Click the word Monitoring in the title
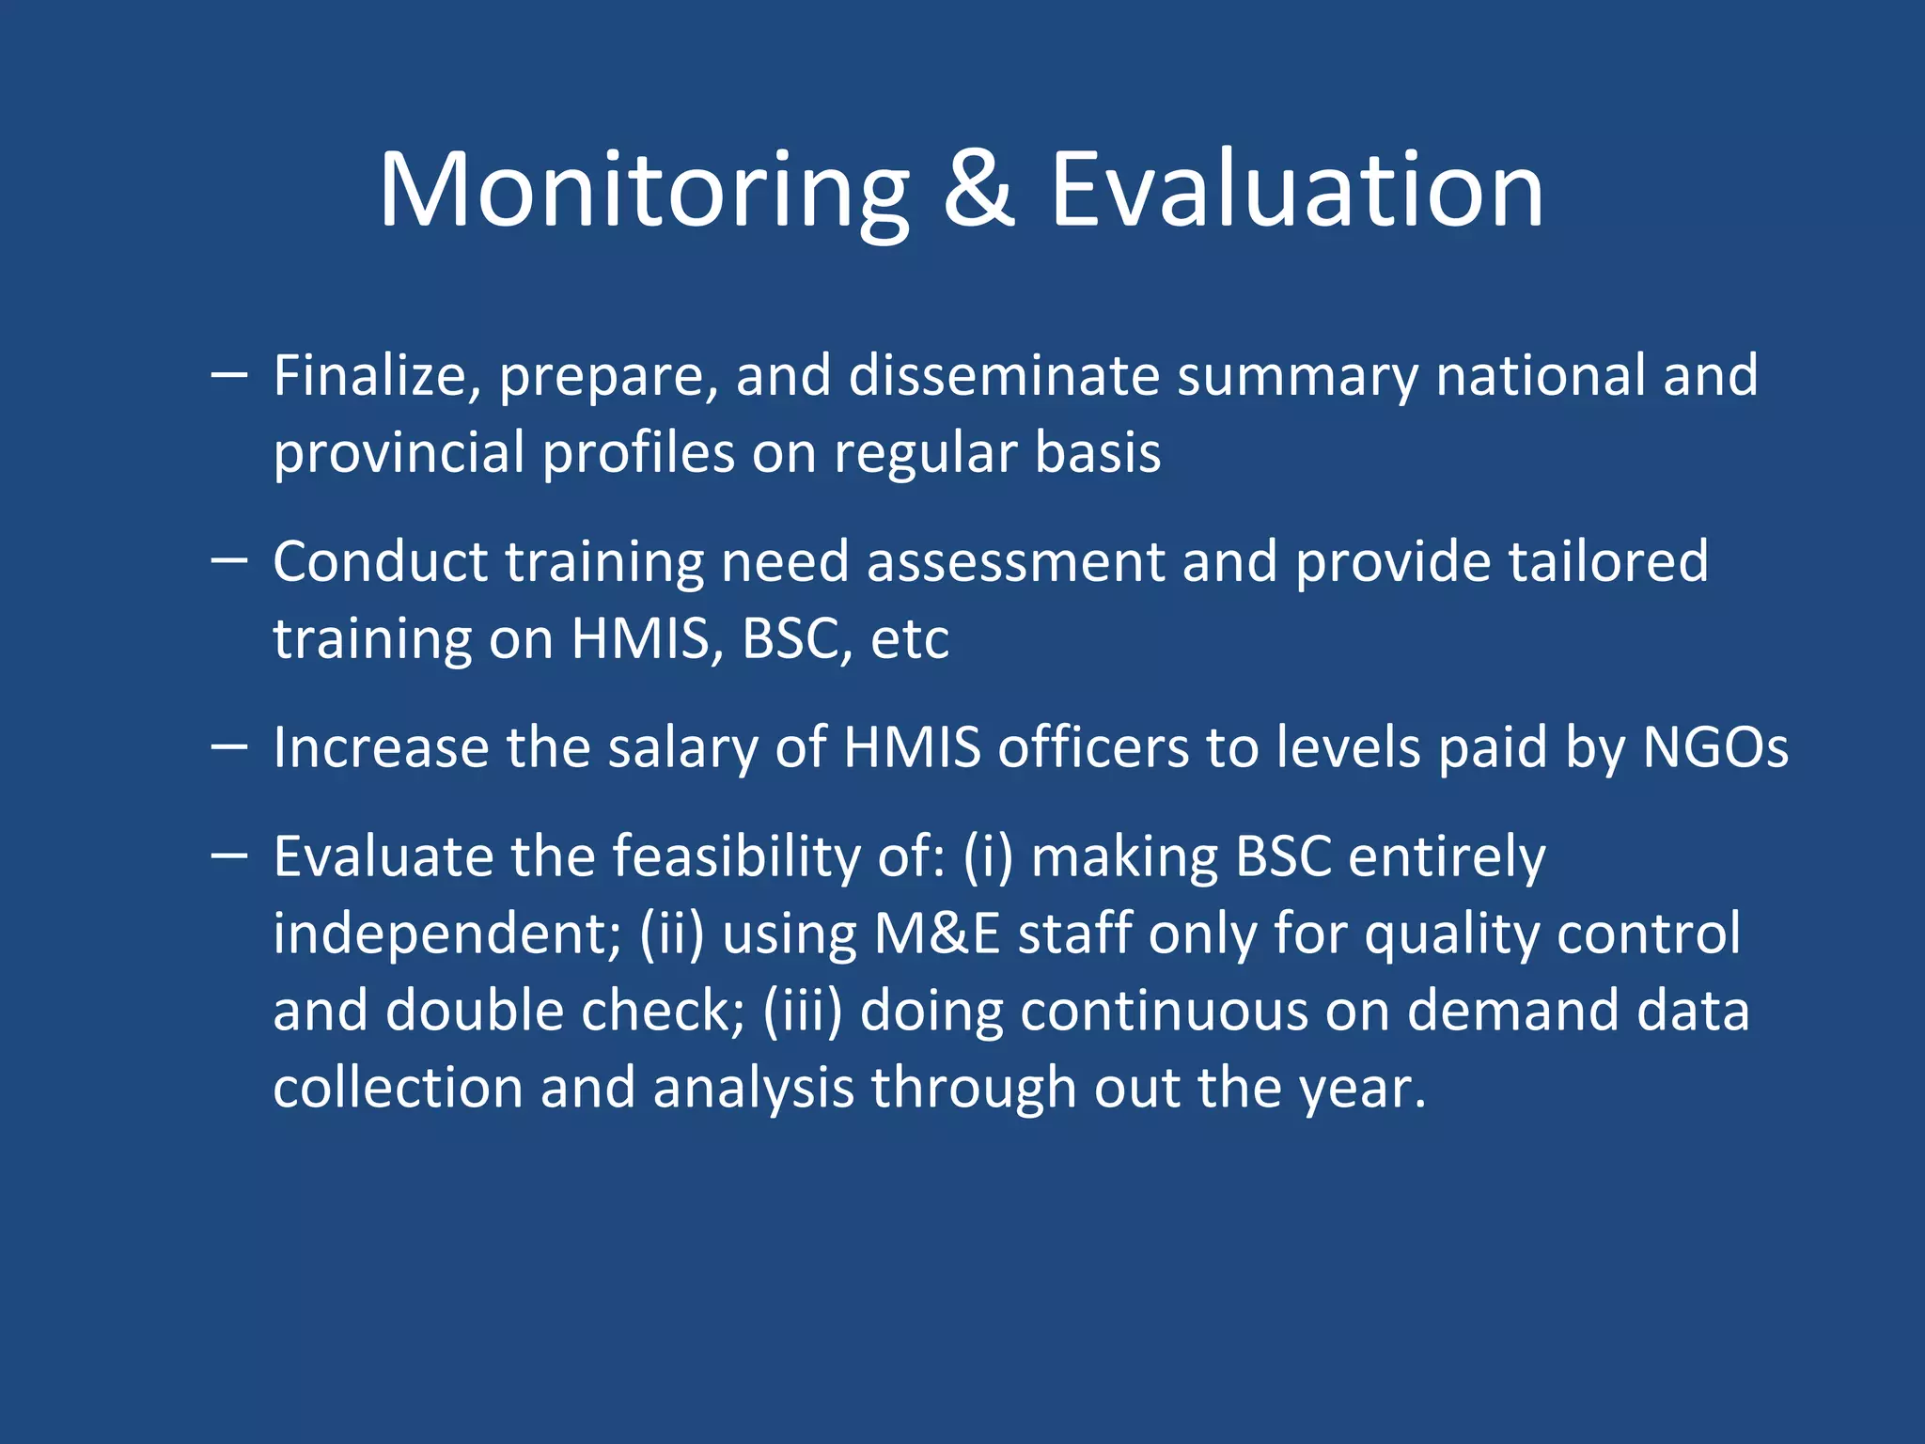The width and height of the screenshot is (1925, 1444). (644, 193)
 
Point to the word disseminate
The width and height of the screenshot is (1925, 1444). (1004, 376)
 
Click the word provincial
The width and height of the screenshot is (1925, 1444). (399, 453)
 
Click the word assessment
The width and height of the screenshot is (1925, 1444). (1015, 562)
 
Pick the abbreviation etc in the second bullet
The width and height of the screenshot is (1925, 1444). (909, 639)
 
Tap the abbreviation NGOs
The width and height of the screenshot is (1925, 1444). (1714, 748)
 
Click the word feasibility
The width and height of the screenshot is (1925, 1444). (736, 857)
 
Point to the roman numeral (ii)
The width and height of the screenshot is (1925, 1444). (671, 934)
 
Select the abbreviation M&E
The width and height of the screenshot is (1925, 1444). (936, 934)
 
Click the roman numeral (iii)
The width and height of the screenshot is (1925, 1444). (802, 1012)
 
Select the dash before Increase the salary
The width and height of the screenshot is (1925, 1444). (229, 747)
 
